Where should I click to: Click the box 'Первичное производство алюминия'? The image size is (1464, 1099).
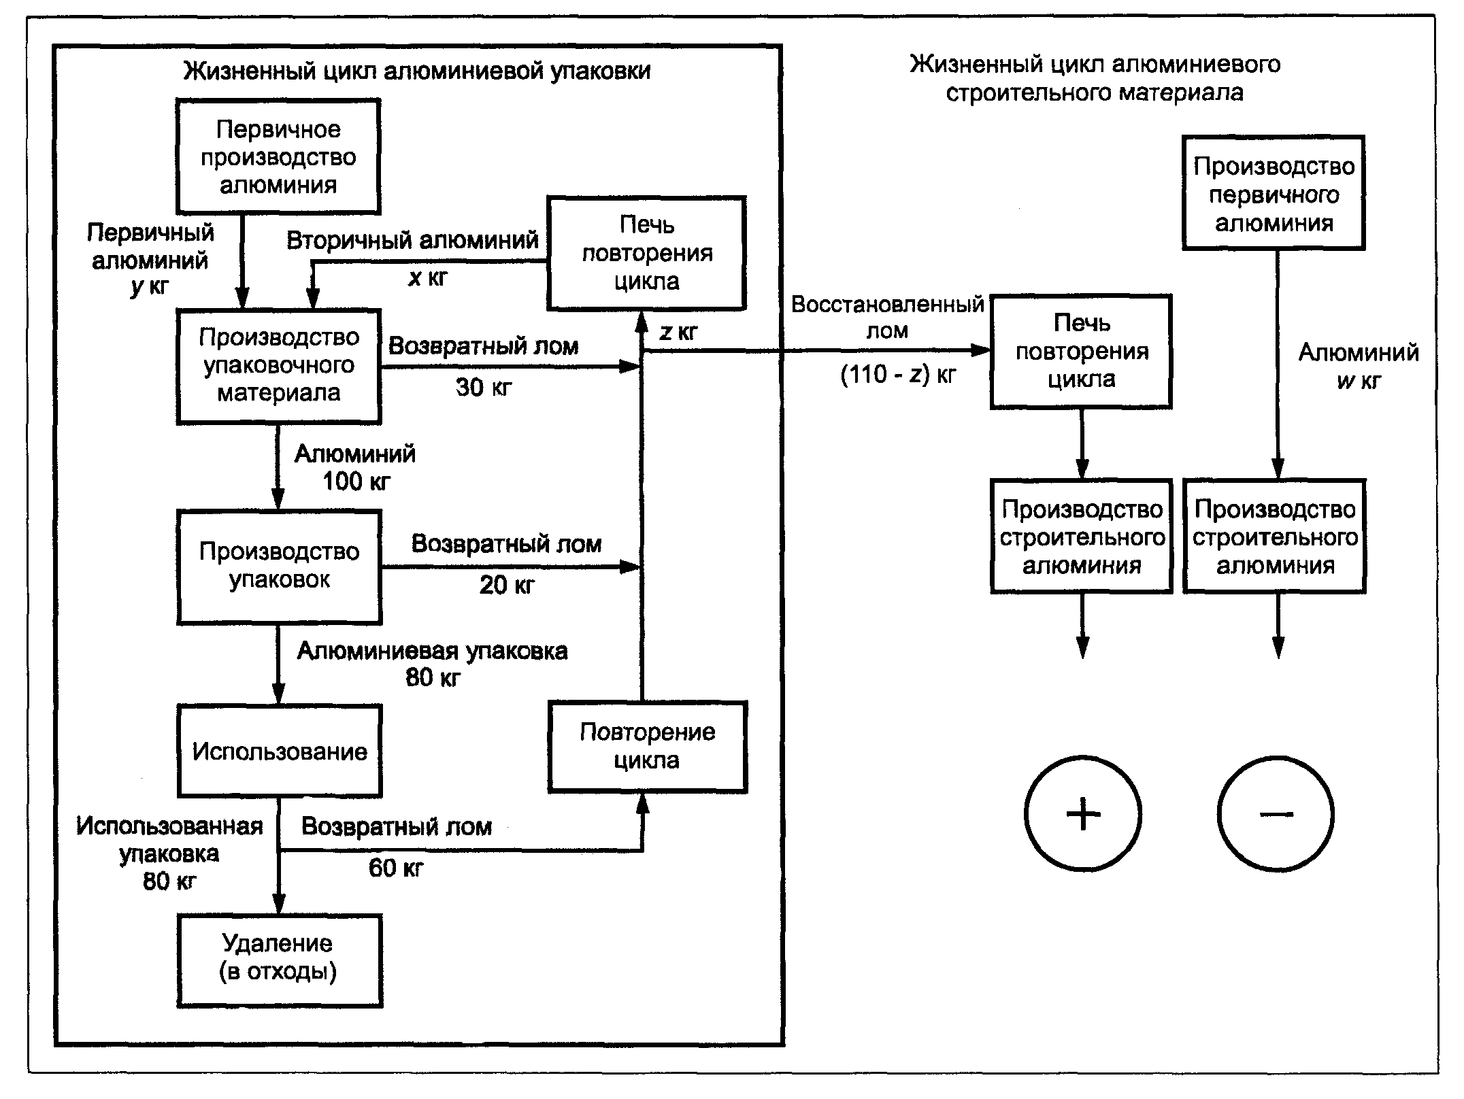coord(278,157)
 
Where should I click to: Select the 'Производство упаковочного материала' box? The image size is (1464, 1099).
coord(279,366)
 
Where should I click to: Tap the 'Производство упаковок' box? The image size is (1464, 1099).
coord(279,566)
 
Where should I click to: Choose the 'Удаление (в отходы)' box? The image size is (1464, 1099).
coord(279,959)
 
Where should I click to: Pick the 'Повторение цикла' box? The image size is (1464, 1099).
coord(647,746)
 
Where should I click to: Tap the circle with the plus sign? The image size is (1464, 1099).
coord(1083,813)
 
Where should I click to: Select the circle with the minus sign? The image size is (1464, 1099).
coord(1276,813)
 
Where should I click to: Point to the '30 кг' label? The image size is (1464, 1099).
coord(484,388)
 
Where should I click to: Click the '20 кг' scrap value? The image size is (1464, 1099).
coord(507,586)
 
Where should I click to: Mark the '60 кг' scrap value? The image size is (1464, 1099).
coord(396,868)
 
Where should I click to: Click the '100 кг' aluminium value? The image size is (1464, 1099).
coord(356,481)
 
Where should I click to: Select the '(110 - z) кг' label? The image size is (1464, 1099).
coord(898,375)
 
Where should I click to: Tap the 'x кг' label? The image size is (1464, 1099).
coord(428,277)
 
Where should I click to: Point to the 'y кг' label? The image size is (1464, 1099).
coord(149,287)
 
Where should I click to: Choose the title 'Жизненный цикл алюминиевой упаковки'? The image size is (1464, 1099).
coord(417,71)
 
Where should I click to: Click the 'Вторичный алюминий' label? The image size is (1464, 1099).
coord(412,240)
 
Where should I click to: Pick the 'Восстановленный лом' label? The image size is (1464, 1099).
coord(887,317)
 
